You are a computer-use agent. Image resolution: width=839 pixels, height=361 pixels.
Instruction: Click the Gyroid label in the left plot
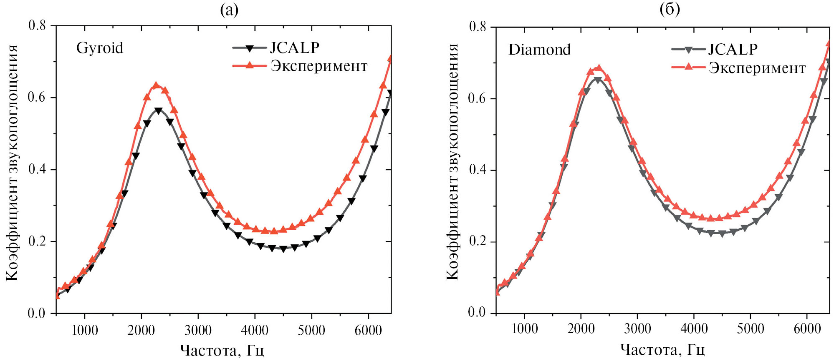(x=99, y=48)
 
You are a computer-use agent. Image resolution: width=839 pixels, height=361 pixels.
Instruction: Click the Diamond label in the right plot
(x=539, y=50)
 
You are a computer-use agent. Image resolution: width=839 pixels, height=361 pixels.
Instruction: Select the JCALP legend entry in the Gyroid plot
(x=294, y=48)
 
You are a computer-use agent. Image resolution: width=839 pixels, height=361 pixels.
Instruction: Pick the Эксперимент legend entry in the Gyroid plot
(x=319, y=66)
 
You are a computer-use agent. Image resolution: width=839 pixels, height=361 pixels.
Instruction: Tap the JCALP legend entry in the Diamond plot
(x=733, y=49)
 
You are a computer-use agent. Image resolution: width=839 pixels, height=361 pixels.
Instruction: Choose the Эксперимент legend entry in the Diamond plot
(x=757, y=68)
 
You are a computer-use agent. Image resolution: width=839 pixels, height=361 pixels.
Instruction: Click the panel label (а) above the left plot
(x=229, y=10)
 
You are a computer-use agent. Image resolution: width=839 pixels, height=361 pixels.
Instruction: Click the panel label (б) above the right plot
(x=670, y=9)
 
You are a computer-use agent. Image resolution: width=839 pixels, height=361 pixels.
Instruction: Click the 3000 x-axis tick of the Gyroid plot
(x=198, y=331)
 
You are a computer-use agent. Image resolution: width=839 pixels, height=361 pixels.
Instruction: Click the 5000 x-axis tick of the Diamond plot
(x=750, y=329)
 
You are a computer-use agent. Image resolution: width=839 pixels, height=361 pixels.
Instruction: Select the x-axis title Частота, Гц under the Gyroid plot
(x=222, y=350)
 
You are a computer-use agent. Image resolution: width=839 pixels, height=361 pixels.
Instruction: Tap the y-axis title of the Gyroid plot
(x=12, y=163)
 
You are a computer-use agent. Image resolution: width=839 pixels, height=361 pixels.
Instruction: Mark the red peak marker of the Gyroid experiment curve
(x=156, y=85)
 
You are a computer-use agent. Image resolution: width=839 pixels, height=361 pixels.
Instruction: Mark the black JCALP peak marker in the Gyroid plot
(x=158, y=111)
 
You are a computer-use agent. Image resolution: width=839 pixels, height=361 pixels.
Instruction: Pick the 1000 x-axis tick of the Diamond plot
(x=524, y=329)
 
